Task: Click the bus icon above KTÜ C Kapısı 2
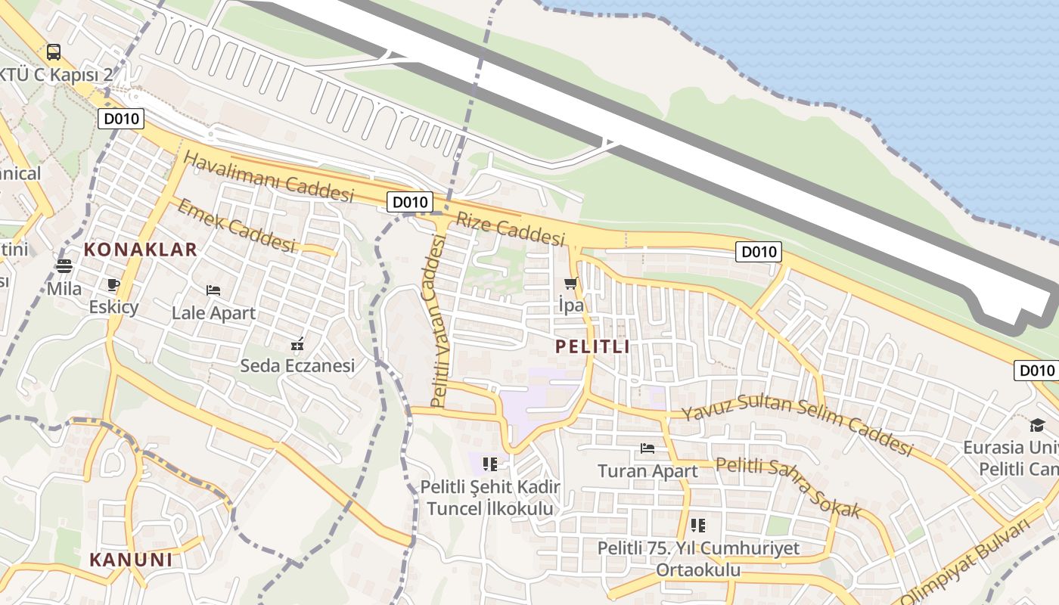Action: tap(53, 52)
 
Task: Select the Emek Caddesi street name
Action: tap(235, 225)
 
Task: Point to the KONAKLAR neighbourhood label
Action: tap(140, 250)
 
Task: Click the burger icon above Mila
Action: tap(64, 266)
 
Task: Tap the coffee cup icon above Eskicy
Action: tap(113, 285)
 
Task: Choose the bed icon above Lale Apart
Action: tap(213, 290)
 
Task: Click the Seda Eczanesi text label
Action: tap(297, 366)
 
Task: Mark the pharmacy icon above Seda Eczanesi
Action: tap(297, 345)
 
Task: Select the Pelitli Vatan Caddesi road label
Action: tap(439, 321)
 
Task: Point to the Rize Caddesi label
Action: tap(511, 228)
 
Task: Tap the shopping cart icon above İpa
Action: tap(570, 284)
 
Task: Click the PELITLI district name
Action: tap(592, 347)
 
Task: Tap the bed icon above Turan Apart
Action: tap(648, 448)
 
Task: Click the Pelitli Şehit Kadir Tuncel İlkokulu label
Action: tap(490, 498)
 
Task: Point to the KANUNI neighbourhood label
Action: tap(131, 560)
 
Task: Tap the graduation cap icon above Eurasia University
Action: tap(1036, 426)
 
